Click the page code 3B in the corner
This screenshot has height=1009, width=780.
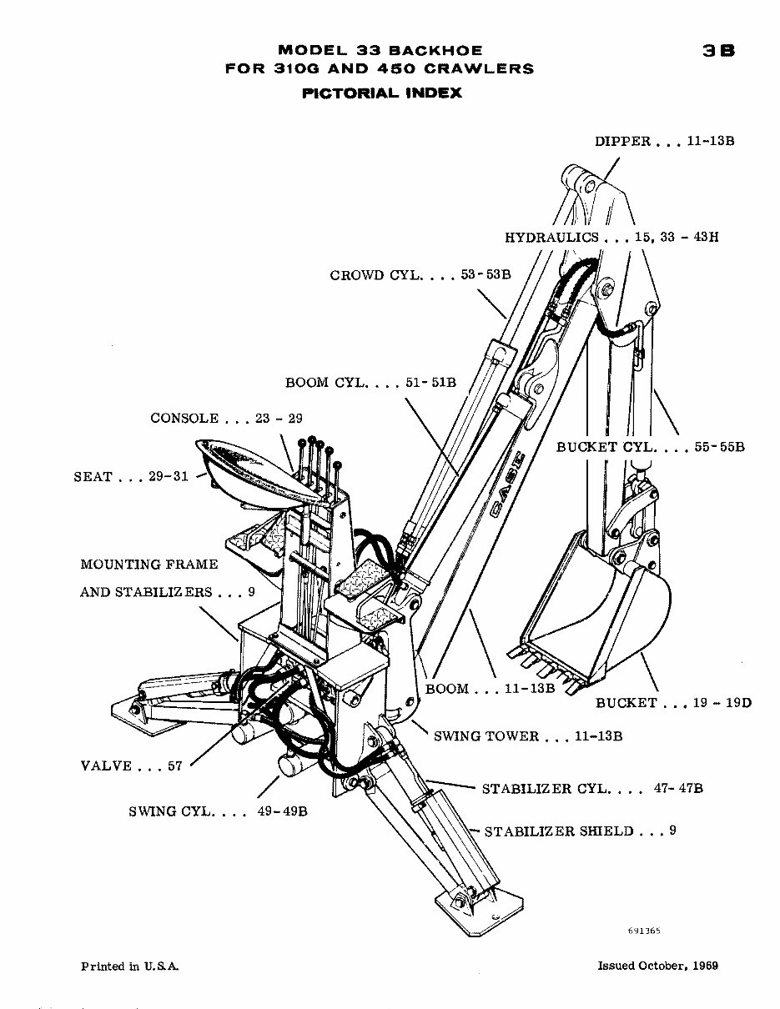pos(717,51)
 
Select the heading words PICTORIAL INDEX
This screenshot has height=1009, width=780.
pos(381,93)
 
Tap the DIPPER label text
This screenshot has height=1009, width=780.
pos(622,141)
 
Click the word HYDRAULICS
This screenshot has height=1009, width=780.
pos(551,237)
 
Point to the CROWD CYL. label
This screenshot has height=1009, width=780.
pos(369,274)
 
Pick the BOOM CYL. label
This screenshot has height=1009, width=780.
pos(325,383)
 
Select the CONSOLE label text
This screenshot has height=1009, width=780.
pos(184,418)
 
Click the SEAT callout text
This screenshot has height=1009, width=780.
pos(93,476)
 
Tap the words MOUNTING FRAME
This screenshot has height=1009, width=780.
pos(149,565)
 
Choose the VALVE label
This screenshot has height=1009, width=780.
pos(106,766)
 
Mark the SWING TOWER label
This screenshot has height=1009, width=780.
pos(486,735)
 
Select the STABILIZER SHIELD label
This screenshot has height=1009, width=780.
pos(559,831)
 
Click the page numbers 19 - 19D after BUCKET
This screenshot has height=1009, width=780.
pos(722,702)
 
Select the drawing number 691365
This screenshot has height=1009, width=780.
pos(645,929)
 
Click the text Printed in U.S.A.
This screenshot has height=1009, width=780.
pos(130,966)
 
